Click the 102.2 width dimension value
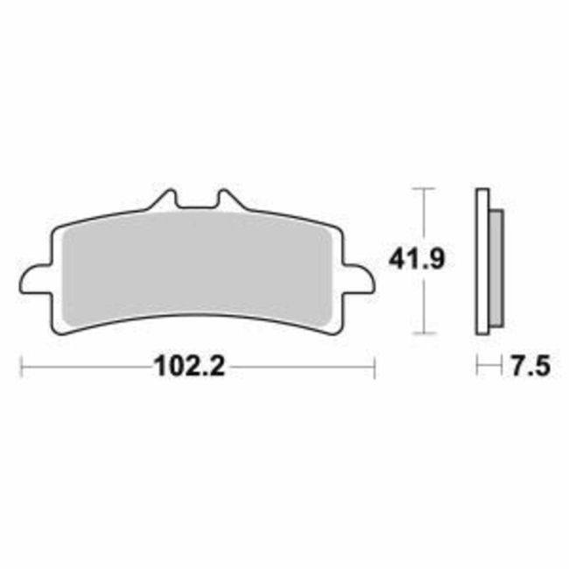point(190,367)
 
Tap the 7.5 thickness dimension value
point(528,367)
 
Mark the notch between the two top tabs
point(196,207)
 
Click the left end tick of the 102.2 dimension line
point(20,367)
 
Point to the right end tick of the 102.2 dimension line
point(374,367)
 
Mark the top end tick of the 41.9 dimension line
point(424,187)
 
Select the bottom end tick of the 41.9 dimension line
point(424,334)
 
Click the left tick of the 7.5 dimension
point(476,367)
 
